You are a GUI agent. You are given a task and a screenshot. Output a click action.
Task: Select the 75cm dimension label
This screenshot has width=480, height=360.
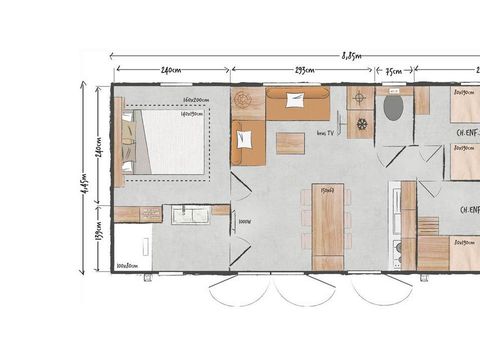[x=393, y=71]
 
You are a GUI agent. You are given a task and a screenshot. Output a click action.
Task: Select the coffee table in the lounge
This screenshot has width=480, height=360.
[x=290, y=143]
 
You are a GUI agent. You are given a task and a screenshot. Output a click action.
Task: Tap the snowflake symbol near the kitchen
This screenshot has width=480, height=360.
[x=361, y=125]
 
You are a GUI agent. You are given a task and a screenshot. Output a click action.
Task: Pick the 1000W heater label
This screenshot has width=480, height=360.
[x=246, y=222]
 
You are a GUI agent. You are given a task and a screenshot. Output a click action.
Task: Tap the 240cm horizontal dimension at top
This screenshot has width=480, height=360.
[x=170, y=71]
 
